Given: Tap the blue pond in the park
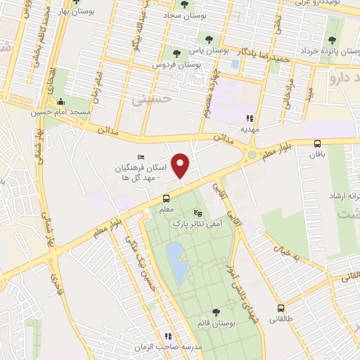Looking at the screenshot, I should coord(177,263).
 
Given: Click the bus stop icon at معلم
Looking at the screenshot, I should coord(166,198).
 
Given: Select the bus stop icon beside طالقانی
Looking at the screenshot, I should coord(281,308).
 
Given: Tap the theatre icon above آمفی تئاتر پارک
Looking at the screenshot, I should coord(197,212).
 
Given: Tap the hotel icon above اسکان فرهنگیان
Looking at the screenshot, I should coord(142,157).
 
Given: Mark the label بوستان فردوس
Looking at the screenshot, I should coord(177,63).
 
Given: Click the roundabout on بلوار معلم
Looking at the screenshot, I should coord(252,155).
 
